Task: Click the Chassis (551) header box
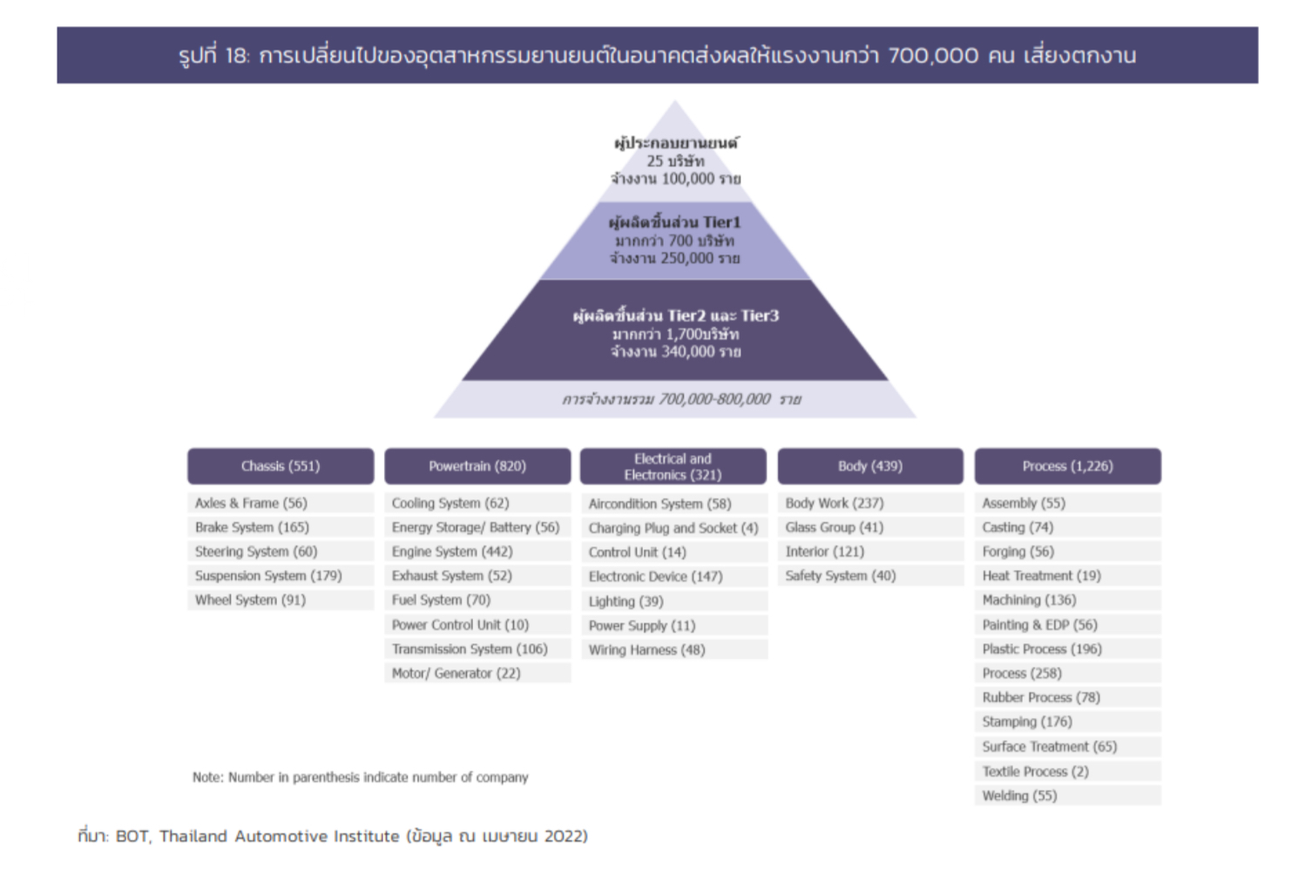[x=281, y=466]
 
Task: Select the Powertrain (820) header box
[x=477, y=466]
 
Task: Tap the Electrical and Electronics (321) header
[x=673, y=466]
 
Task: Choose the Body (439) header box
[x=870, y=466]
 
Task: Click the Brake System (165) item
[x=281, y=526]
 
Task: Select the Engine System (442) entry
[x=477, y=552]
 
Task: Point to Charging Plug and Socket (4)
[x=674, y=528]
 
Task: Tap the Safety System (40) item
[x=870, y=576]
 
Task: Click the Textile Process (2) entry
[x=1068, y=771]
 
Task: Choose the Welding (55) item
[x=1068, y=796]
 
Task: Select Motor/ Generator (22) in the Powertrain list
[x=477, y=673]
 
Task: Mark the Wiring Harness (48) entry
[x=674, y=650]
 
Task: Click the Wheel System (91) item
[x=281, y=600]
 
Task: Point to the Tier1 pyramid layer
[x=675, y=241]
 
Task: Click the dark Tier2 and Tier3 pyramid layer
[x=675, y=331]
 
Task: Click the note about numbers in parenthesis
[x=361, y=777]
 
